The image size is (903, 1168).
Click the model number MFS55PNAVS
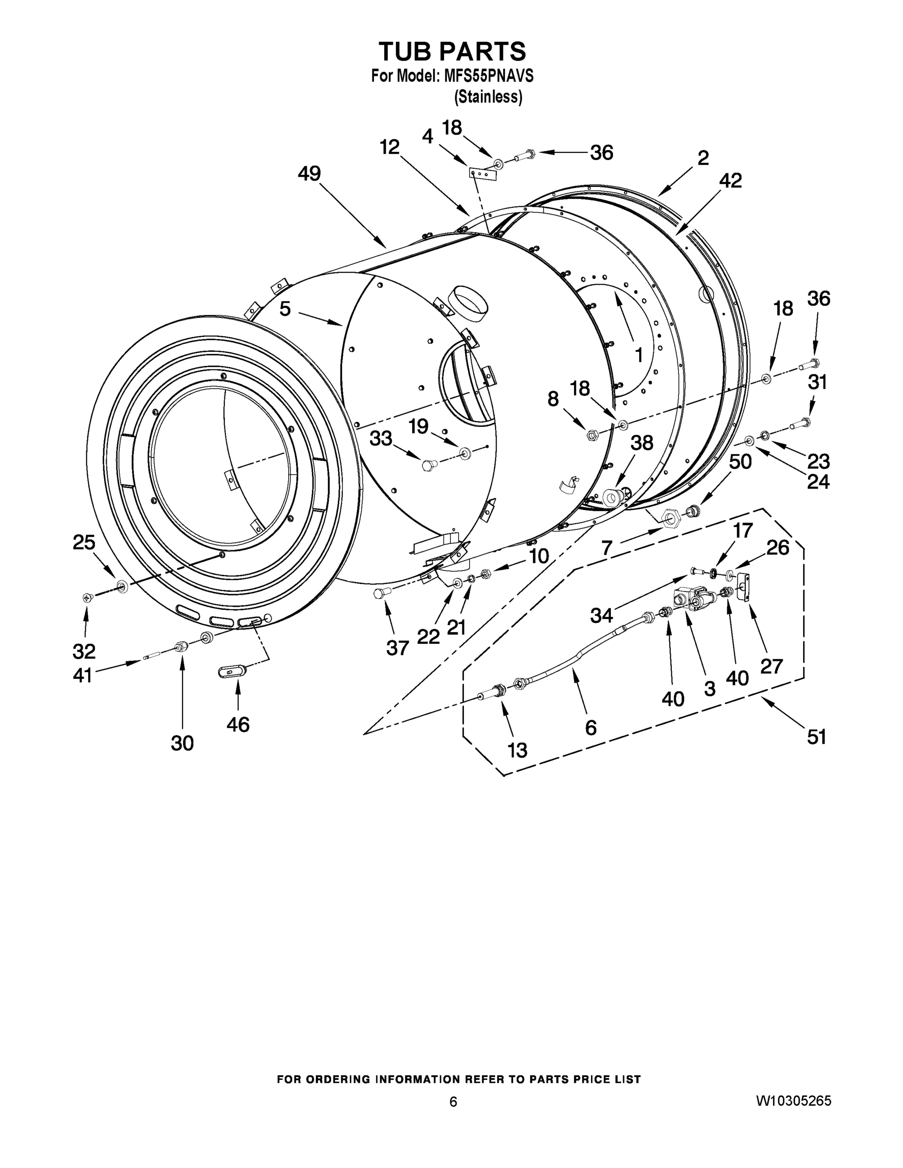coord(488,76)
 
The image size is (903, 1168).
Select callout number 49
coord(309,173)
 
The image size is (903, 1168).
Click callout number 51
coord(816,737)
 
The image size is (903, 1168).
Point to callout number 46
coord(238,724)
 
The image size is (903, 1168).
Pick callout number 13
coord(517,750)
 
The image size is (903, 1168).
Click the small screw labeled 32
coord(87,597)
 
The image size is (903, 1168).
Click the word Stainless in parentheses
coord(488,97)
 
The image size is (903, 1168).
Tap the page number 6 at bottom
coord(453,1102)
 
